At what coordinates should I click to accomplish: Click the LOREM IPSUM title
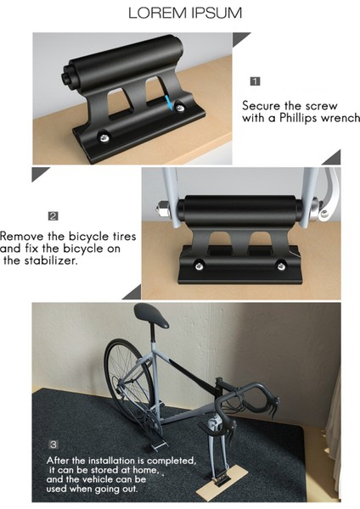(184, 14)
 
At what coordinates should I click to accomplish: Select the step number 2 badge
(53, 216)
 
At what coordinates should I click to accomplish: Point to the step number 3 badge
(53, 444)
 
